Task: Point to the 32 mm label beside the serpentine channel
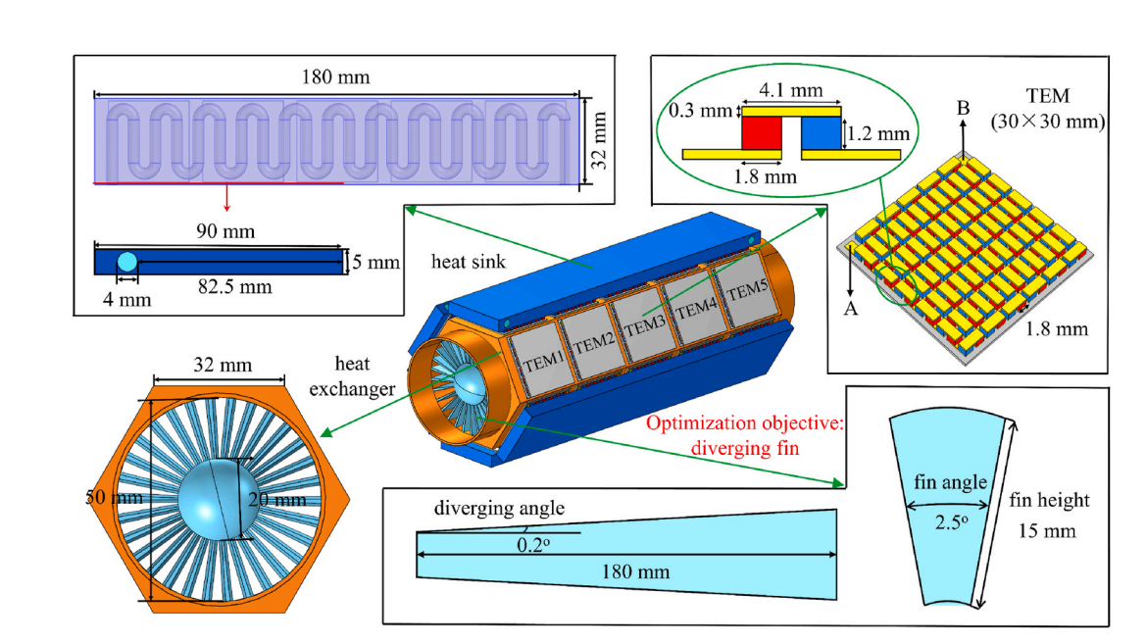[599, 141]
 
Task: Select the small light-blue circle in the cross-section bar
[127, 262]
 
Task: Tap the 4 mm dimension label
[126, 299]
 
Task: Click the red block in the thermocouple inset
[761, 132]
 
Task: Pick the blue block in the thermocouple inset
[822, 132]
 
